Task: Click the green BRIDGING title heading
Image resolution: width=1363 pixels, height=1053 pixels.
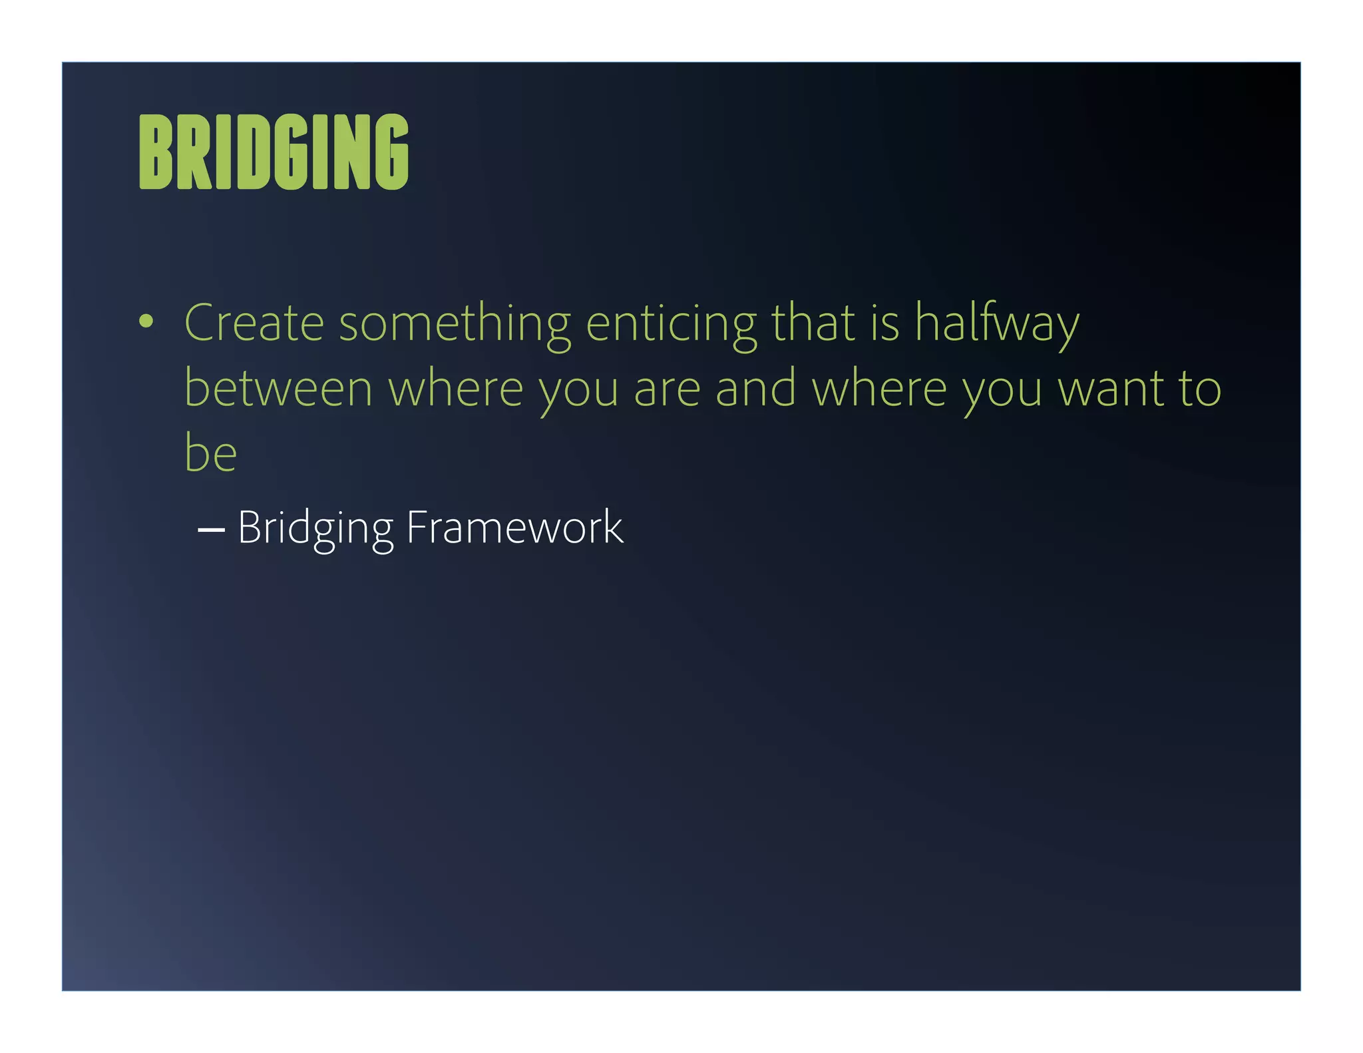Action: (x=274, y=152)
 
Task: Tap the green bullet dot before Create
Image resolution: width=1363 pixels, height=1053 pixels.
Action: (x=146, y=322)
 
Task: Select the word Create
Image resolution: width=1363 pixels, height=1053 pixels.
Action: (x=254, y=323)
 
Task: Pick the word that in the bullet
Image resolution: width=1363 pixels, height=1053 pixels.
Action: (x=813, y=323)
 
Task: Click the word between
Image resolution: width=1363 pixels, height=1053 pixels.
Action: (x=278, y=389)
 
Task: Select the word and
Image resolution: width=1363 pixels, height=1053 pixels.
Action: (x=755, y=389)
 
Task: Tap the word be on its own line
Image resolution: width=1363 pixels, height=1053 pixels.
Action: (x=210, y=453)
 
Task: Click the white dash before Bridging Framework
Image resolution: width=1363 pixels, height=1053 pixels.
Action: (x=211, y=530)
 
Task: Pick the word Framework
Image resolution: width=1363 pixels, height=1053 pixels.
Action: (x=514, y=527)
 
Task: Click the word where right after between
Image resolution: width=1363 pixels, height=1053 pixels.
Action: (x=456, y=389)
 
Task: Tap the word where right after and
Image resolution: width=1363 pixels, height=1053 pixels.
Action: (x=879, y=389)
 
